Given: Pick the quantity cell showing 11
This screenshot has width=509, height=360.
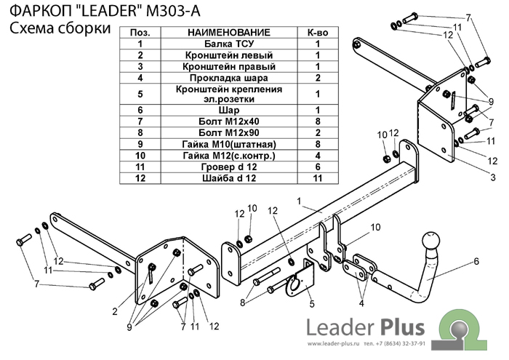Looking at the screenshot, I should pyautogui.click(x=318, y=177).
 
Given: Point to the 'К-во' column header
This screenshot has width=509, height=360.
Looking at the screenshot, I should pyautogui.click(x=318, y=33).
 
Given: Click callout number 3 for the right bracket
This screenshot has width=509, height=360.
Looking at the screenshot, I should pyautogui.click(x=492, y=177).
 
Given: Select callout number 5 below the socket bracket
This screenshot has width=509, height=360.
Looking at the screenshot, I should pyautogui.click(x=311, y=304).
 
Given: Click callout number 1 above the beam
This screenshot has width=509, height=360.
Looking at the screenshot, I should pyautogui.click(x=298, y=199).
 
